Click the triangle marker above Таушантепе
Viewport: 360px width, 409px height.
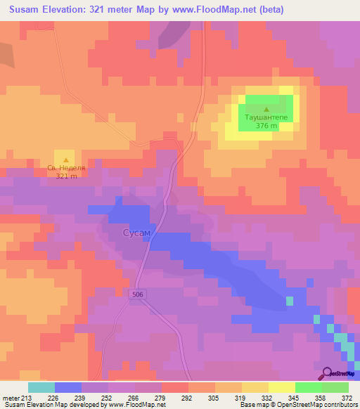tap(266, 109)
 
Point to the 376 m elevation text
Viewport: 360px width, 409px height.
tap(266, 126)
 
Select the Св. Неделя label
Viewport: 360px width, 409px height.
tap(66, 168)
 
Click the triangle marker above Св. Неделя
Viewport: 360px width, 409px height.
tap(66, 159)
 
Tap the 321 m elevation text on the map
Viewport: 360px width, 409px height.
tap(66, 176)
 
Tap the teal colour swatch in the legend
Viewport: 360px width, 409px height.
tap(41, 387)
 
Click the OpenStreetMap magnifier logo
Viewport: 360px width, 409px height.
tap(327, 374)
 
